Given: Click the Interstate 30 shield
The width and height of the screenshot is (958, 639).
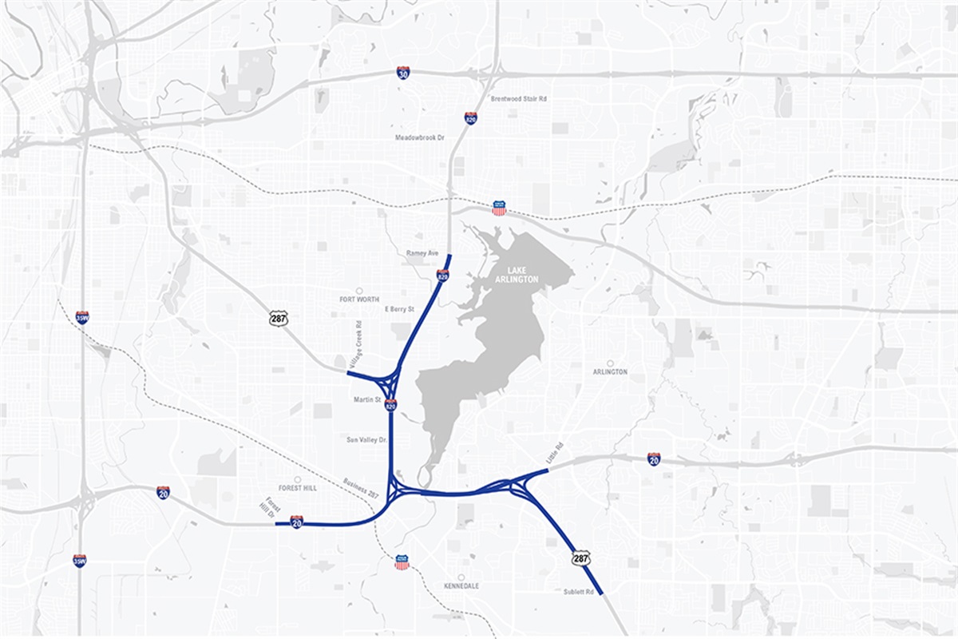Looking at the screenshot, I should click(x=403, y=73).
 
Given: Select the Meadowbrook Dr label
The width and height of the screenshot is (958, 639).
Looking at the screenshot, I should click(x=419, y=137).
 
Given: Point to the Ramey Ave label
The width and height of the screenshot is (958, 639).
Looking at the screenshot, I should click(x=423, y=253).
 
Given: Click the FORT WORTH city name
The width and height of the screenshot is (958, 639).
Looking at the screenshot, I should click(x=359, y=300).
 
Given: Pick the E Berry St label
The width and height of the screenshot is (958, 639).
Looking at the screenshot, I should click(x=400, y=308).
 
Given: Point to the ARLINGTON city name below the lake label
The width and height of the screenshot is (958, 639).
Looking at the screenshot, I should click(x=610, y=371).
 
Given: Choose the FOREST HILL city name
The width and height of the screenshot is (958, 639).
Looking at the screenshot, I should click(x=299, y=487).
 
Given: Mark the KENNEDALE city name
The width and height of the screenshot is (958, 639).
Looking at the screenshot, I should click(x=461, y=585).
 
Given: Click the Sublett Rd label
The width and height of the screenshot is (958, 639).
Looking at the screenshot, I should click(x=579, y=592).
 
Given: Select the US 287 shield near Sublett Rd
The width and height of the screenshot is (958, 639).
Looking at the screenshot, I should click(x=580, y=558).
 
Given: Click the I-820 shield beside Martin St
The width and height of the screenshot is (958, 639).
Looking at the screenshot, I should click(x=390, y=405).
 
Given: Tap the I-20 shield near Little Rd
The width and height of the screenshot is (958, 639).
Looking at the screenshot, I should click(x=654, y=458).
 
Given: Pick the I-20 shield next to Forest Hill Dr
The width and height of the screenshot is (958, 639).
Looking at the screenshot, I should click(x=296, y=522).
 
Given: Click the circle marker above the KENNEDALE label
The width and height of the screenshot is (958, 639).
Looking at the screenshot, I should click(x=461, y=576).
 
